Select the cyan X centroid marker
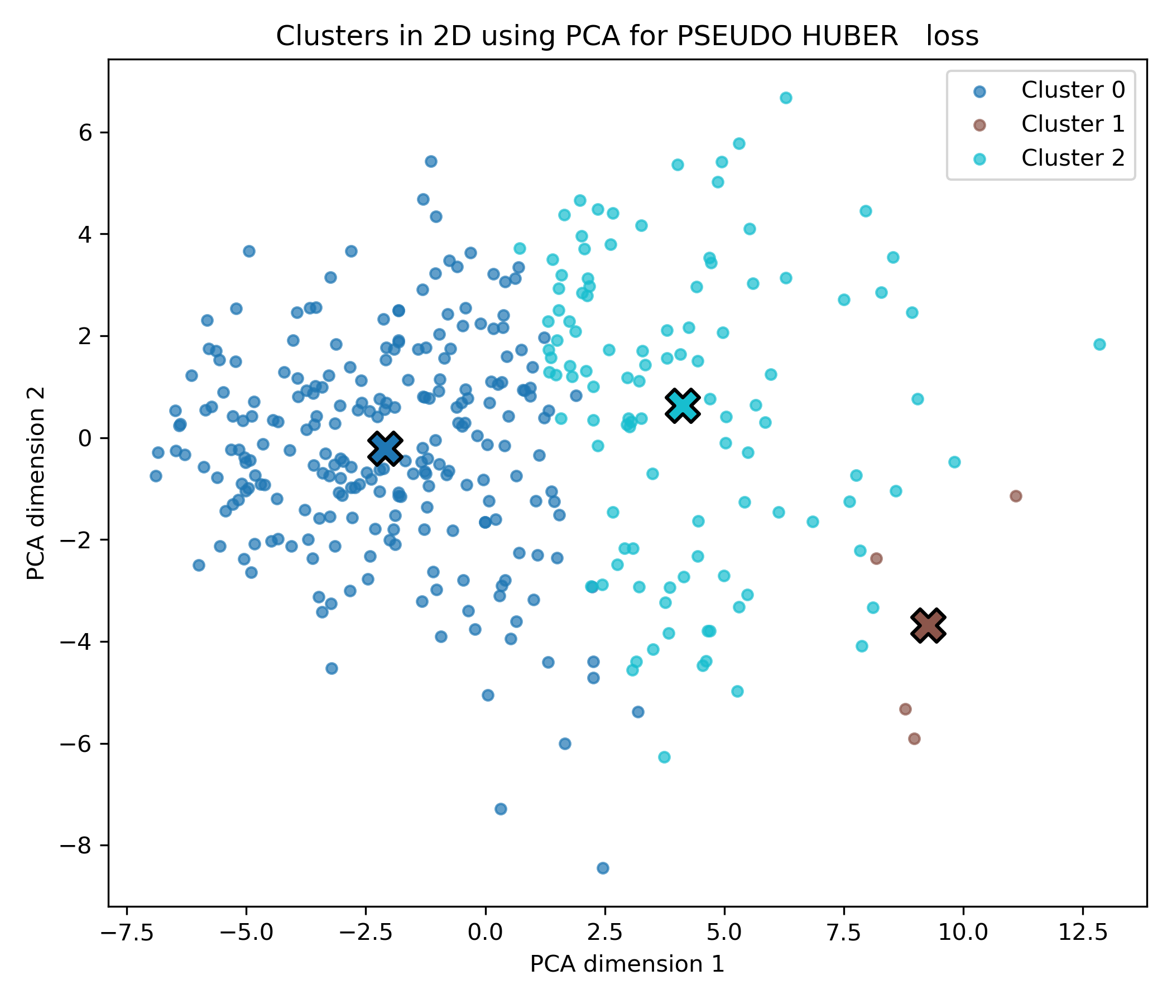click(682, 406)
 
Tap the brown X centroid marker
click(928, 626)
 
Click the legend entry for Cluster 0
click(1073, 90)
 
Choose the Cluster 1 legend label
click(1073, 124)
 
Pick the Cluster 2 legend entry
click(1073, 158)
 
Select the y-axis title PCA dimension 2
click(36, 483)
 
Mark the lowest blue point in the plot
click(603, 868)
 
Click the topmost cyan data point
click(786, 98)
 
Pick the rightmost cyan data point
click(1099, 344)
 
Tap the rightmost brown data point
click(1016, 496)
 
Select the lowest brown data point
click(914, 738)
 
